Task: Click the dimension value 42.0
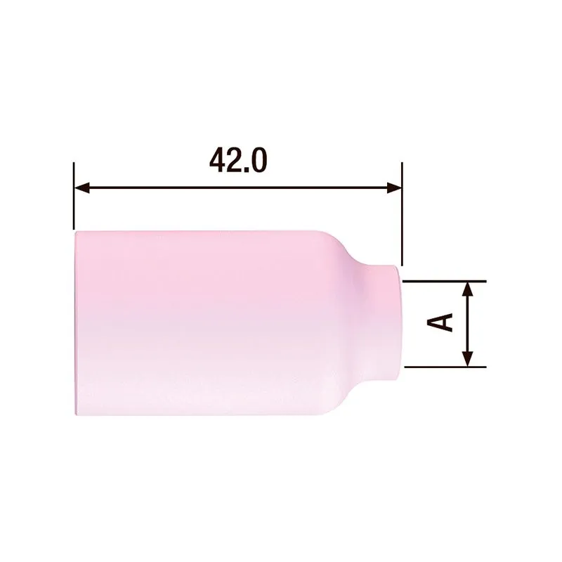click(x=237, y=161)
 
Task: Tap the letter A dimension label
click(x=441, y=322)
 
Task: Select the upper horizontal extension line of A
click(x=443, y=280)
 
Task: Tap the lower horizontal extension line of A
click(x=443, y=367)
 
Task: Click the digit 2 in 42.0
click(x=235, y=161)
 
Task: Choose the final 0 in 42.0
click(x=258, y=161)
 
